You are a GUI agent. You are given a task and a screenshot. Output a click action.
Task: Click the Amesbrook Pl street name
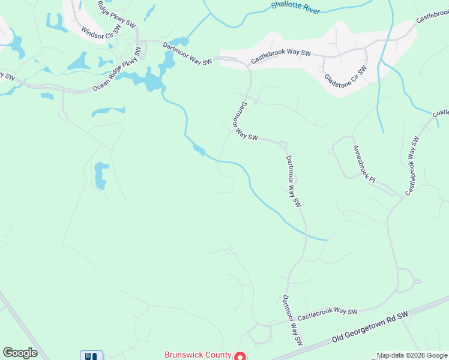pyautogui.click(x=364, y=164)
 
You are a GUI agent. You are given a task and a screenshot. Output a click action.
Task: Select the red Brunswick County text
pyautogui.click(x=198, y=355)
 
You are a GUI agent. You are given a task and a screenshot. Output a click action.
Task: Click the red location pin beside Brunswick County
pyautogui.click(x=240, y=356)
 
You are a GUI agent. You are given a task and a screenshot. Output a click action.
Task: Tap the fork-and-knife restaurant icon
pyautogui.click(x=91, y=355)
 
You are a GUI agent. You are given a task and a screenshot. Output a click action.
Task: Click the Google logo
pyautogui.click(x=20, y=353)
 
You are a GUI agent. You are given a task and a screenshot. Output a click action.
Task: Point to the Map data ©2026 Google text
pyautogui.click(x=412, y=356)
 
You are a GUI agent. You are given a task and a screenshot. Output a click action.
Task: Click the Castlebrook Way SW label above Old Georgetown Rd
pyautogui.click(x=327, y=313)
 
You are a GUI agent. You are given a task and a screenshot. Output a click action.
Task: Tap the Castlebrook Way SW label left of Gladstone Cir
pyautogui.click(x=280, y=56)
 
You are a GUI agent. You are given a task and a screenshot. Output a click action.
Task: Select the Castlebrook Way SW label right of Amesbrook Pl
pyautogui.click(x=412, y=165)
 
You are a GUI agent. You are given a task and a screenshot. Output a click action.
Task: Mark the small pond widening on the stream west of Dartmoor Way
pyautogui.click(x=199, y=149)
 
